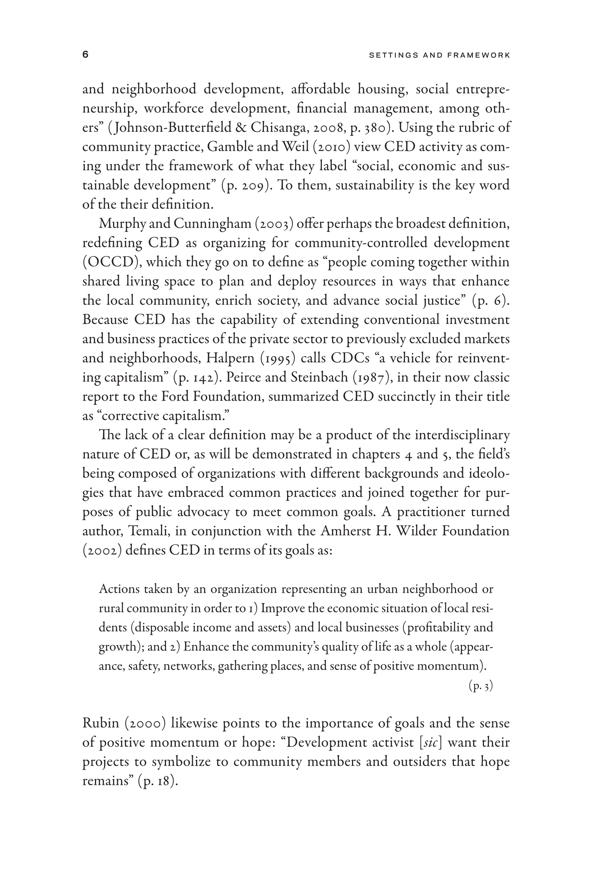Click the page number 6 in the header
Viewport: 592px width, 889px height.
[85, 55]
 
